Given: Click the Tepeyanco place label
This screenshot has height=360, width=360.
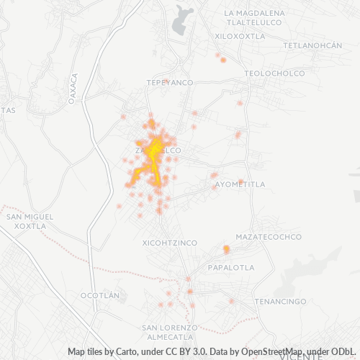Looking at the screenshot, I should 170,83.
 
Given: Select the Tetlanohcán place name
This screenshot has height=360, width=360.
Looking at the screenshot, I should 312,45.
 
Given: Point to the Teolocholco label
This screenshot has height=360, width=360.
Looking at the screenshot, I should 274,73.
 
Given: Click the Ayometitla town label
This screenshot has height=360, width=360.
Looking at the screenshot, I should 240,184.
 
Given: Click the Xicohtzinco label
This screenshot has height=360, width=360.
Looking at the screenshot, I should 170,243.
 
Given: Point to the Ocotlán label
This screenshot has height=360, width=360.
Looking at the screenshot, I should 99,295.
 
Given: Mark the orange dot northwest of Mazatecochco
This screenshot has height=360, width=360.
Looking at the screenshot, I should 226,249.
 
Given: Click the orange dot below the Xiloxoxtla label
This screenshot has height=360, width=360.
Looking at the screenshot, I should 223,60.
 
